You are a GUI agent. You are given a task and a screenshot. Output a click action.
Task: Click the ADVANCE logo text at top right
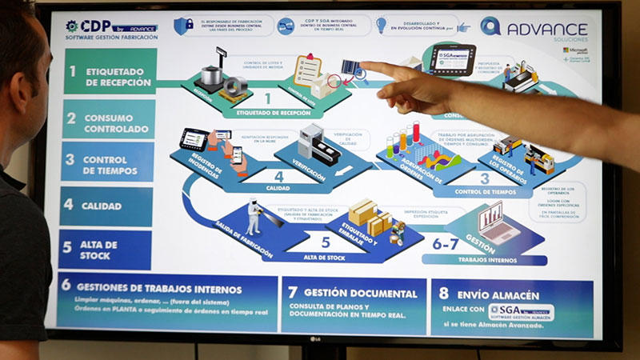point(546,29)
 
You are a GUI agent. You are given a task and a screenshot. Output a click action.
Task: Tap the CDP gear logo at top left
point(72,26)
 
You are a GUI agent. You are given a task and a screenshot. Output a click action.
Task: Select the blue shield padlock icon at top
point(183,26)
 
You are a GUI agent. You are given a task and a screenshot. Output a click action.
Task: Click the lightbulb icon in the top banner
point(381,25)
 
